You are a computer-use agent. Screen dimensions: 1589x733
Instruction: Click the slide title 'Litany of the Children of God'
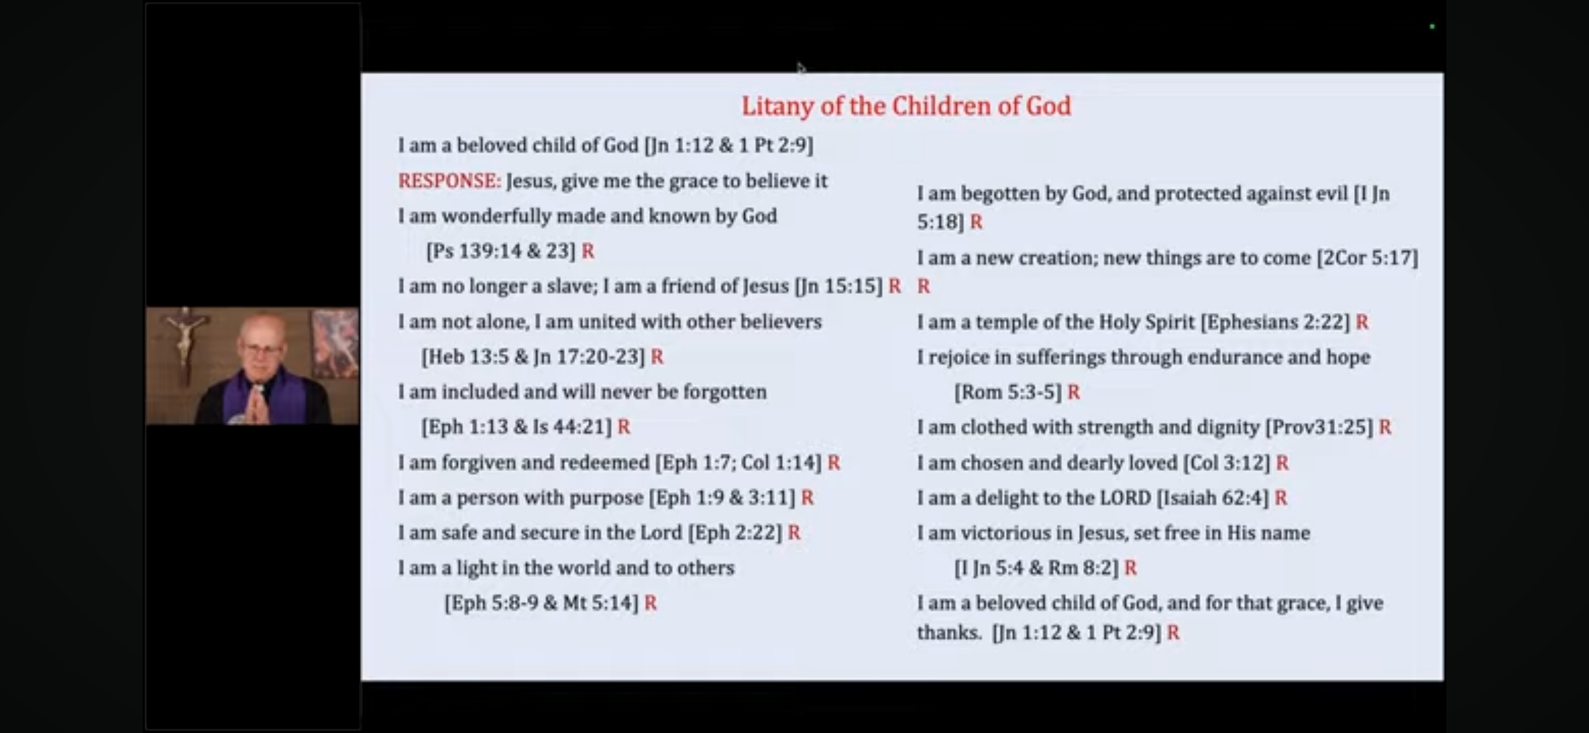click(906, 106)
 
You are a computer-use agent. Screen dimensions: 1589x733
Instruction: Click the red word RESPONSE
click(449, 181)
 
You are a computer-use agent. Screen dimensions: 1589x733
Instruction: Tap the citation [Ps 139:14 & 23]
click(500, 251)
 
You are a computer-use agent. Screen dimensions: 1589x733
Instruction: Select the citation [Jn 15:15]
click(838, 286)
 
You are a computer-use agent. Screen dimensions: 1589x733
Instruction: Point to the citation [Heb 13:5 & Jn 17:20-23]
click(533, 357)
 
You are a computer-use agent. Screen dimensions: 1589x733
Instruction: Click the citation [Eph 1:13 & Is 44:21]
click(516, 427)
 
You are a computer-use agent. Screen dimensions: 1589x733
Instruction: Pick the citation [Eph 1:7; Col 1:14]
click(738, 463)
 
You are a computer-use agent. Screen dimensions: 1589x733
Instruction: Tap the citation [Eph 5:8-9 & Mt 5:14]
click(541, 603)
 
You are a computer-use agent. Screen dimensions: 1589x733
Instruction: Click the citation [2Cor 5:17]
click(1367, 259)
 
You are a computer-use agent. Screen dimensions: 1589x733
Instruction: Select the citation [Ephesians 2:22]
click(1275, 322)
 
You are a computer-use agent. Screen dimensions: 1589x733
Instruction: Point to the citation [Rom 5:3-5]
click(1008, 392)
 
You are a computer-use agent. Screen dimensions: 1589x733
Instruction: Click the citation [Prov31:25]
click(1319, 428)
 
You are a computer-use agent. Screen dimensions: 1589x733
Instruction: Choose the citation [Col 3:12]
click(1226, 463)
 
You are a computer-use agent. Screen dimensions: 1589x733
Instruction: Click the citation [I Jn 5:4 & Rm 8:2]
click(1036, 568)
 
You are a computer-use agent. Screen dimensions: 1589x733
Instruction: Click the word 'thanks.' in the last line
click(949, 633)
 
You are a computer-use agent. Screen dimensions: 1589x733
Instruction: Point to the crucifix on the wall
click(184, 343)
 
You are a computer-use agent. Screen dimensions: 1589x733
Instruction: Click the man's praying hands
click(256, 402)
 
